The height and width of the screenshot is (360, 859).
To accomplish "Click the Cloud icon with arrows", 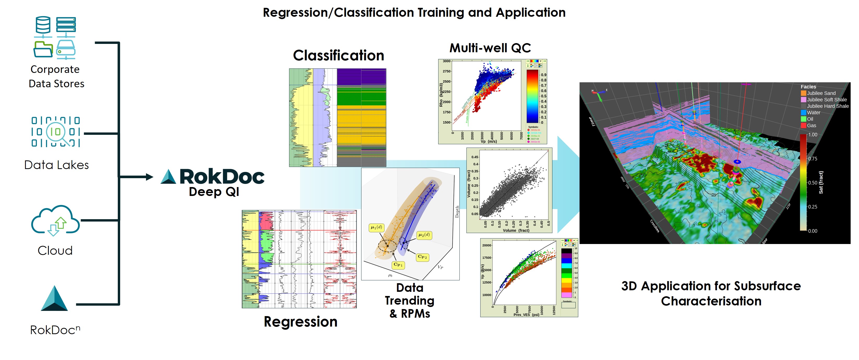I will pyautogui.click(x=55, y=221).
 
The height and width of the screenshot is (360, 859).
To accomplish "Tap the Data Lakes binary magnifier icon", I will pyautogui.click(x=56, y=132).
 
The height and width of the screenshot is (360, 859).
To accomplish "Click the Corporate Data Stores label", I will pyautogui.click(x=56, y=76).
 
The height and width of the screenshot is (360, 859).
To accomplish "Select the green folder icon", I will pyautogui.click(x=43, y=49).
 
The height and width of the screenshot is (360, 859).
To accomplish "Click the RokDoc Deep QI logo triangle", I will pyautogui.click(x=168, y=177).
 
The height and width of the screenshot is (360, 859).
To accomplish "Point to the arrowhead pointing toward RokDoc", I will pyautogui.click(x=149, y=177).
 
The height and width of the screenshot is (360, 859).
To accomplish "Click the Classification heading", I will pyautogui.click(x=338, y=55).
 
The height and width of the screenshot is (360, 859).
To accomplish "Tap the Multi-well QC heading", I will pyautogui.click(x=490, y=48).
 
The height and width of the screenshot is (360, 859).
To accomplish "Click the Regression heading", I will pyautogui.click(x=300, y=322).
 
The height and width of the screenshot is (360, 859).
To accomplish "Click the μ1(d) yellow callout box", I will pyautogui.click(x=376, y=228).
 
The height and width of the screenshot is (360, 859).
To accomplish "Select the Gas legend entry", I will pyautogui.click(x=811, y=125).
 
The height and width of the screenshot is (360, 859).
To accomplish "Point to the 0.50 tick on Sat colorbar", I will pyautogui.click(x=812, y=183).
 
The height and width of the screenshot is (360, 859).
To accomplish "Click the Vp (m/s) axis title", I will pyautogui.click(x=488, y=141).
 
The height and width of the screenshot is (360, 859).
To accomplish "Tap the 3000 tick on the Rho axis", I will pyautogui.click(x=446, y=61).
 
